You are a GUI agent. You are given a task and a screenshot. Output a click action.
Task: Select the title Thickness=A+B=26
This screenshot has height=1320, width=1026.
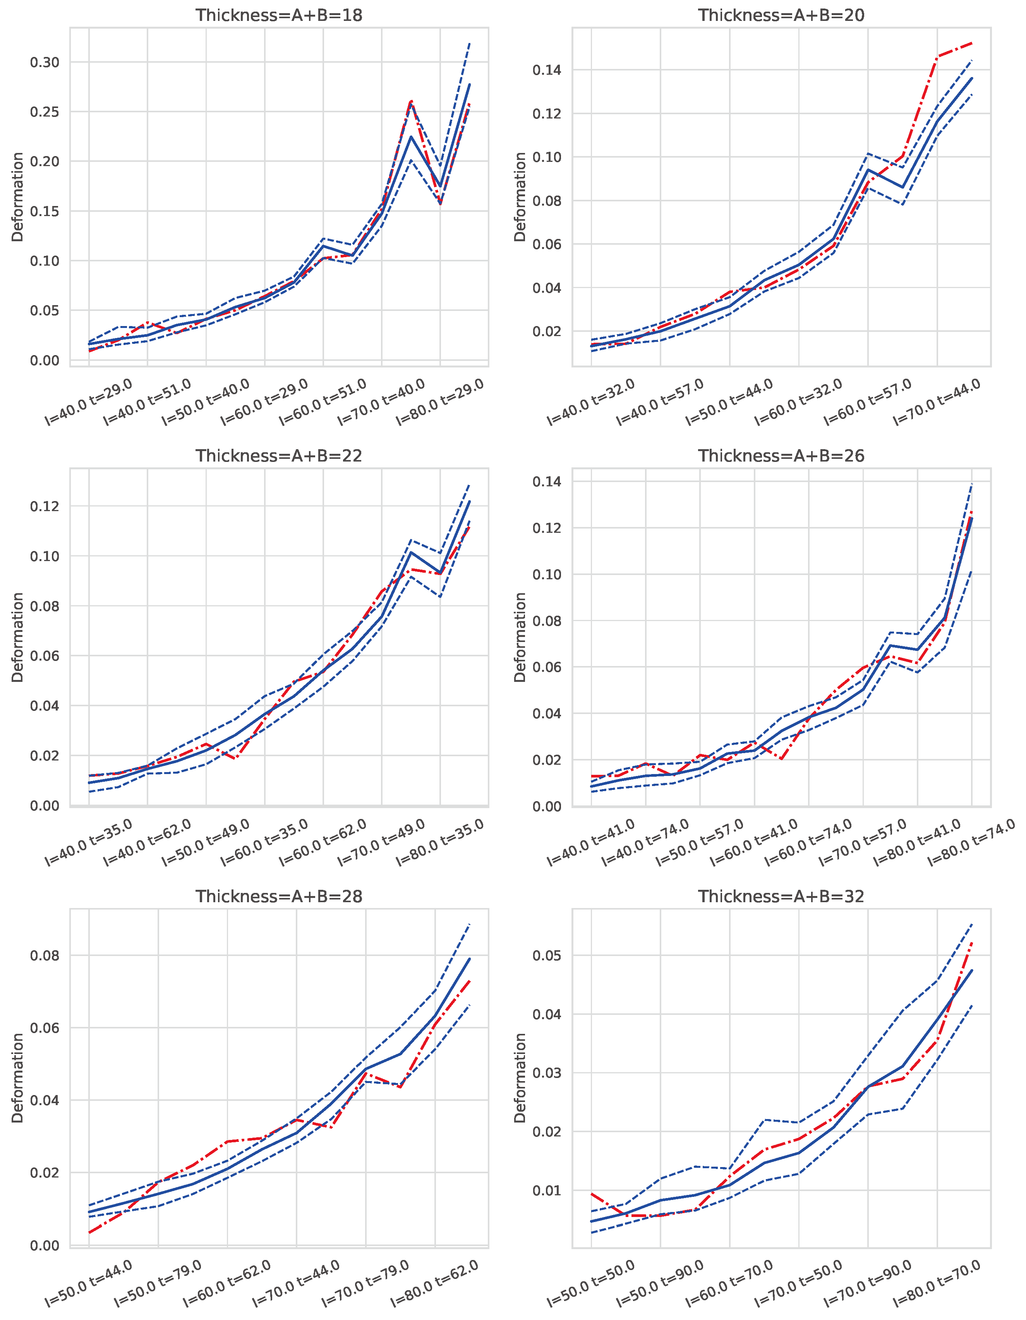tap(781, 456)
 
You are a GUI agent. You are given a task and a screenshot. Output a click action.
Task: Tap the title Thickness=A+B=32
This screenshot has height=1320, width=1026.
tap(781, 896)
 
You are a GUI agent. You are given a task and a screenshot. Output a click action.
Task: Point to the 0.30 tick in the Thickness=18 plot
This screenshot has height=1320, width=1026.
tap(45, 62)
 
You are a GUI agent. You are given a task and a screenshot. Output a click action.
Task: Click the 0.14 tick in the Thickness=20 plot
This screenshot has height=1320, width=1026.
tap(547, 70)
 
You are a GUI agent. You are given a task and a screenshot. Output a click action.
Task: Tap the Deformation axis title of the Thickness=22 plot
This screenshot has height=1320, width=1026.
tap(17, 638)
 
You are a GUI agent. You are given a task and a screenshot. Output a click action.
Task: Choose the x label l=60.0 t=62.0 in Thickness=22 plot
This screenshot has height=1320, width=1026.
tap(323, 843)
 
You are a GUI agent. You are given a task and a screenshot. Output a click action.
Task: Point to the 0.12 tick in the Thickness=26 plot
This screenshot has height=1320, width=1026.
tap(547, 528)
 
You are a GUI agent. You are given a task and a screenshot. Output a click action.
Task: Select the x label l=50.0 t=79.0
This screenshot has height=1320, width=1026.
tap(158, 1283)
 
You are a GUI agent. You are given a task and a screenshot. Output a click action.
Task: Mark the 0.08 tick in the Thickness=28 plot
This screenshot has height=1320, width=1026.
tap(45, 956)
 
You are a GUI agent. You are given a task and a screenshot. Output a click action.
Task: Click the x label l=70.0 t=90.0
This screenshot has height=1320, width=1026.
tap(868, 1283)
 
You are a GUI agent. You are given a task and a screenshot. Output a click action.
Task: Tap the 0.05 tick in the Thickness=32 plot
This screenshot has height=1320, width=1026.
tap(547, 956)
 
